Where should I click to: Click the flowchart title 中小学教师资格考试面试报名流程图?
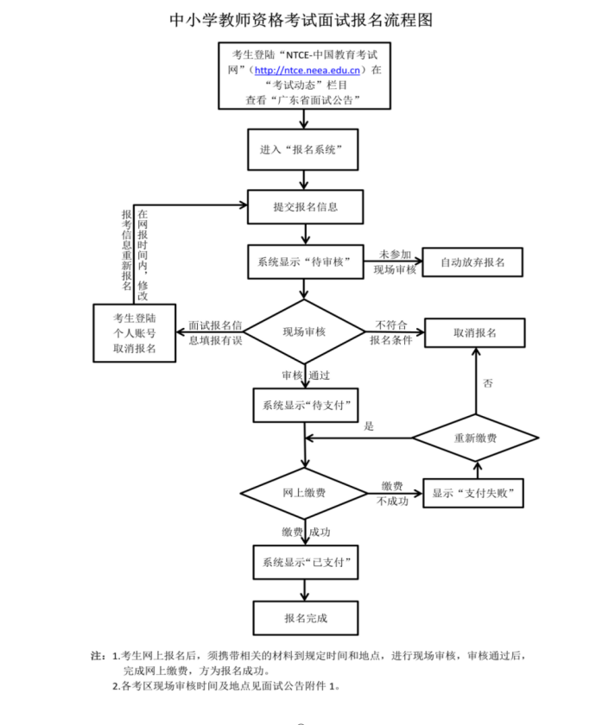tap(301, 20)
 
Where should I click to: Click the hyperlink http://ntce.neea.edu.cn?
tap(307, 70)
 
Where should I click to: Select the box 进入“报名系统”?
tap(303, 150)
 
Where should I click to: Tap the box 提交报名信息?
tap(306, 206)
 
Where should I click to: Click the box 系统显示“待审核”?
tap(306, 262)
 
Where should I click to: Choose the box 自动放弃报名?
tap(472, 262)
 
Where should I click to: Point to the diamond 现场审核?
tap(304, 331)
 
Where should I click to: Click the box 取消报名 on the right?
tap(475, 333)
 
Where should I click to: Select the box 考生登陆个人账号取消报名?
tap(135, 333)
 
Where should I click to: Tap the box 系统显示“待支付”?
tap(306, 406)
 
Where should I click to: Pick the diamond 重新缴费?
tap(476, 438)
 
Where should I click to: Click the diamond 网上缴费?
tap(304, 493)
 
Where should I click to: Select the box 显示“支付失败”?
tap(473, 494)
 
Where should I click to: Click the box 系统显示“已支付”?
tap(306, 562)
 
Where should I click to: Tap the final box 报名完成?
tap(306, 618)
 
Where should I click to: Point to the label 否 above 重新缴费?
tap(488, 383)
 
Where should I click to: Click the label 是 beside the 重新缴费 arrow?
tap(369, 426)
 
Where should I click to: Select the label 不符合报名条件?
tap(391, 332)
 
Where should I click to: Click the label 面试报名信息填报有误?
tap(215, 333)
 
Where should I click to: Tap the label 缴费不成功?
tap(392, 494)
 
